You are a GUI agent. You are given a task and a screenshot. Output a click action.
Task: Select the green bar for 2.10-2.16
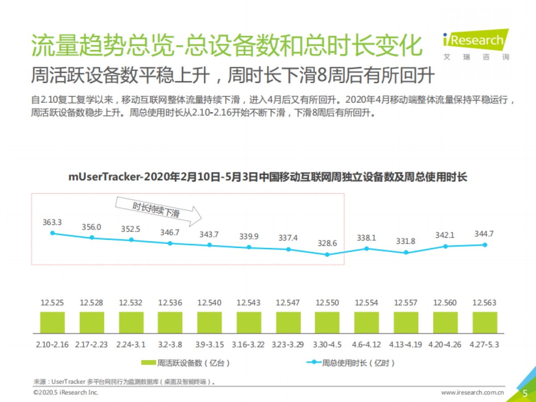[x=53, y=322]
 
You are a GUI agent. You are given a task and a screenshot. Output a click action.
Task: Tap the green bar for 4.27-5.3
[x=485, y=322]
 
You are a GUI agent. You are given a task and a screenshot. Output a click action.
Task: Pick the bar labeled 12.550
[x=327, y=322]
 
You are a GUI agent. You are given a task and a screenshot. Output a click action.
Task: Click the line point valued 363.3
[x=53, y=233]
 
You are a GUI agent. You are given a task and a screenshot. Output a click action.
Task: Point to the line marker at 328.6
[x=327, y=255]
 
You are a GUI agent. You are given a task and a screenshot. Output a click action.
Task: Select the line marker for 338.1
[x=367, y=248]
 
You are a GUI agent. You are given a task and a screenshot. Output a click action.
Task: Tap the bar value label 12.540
[x=209, y=303]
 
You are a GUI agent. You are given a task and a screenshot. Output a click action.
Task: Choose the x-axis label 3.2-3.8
[x=170, y=345]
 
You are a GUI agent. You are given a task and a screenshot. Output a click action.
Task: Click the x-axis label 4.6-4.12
[x=367, y=345]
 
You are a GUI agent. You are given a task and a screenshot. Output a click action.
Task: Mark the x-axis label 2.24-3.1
[x=131, y=345]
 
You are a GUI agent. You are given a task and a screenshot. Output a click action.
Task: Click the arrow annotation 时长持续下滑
[x=159, y=210]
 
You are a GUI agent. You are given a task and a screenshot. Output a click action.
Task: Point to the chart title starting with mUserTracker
[x=268, y=177]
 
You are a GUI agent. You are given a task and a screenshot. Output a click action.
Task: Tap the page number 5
[x=525, y=393]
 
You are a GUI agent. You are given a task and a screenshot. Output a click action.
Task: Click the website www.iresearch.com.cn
[x=473, y=393]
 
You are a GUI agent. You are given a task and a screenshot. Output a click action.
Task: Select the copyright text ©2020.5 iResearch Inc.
[x=66, y=393]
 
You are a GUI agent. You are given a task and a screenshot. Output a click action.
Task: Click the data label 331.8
[x=406, y=241]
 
